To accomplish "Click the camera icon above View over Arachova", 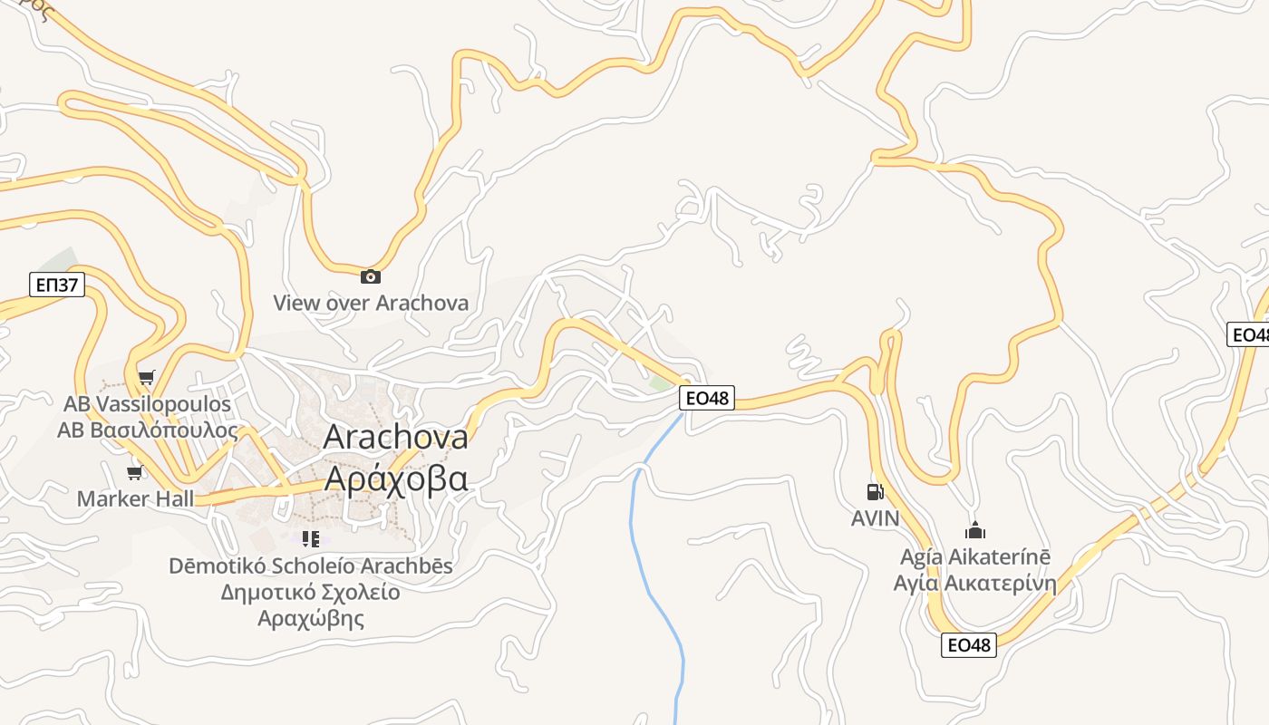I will [370, 276].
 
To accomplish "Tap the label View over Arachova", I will [371, 303].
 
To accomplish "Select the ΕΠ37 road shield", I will [57, 285].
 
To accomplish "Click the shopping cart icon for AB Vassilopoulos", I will [146, 377].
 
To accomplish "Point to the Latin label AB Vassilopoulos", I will [147, 403].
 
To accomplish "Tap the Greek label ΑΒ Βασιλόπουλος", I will [147, 430].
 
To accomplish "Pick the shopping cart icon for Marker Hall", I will [135, 472].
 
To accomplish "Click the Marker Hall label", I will [135, 498].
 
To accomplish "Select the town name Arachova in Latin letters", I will [395, 437].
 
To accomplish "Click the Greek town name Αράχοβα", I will [395, 478].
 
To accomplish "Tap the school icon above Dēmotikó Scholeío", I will [311, 539].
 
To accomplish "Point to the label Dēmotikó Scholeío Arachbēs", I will [310, 566].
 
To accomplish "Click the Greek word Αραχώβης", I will [310, 619].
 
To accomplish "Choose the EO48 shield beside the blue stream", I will [706, 397].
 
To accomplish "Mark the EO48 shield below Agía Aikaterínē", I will [969, 644].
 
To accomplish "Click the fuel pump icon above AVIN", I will [875, 492].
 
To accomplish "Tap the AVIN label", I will [875, 518].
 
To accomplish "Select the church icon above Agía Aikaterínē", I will [975, 530].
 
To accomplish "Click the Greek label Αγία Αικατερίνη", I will [974, 583].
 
